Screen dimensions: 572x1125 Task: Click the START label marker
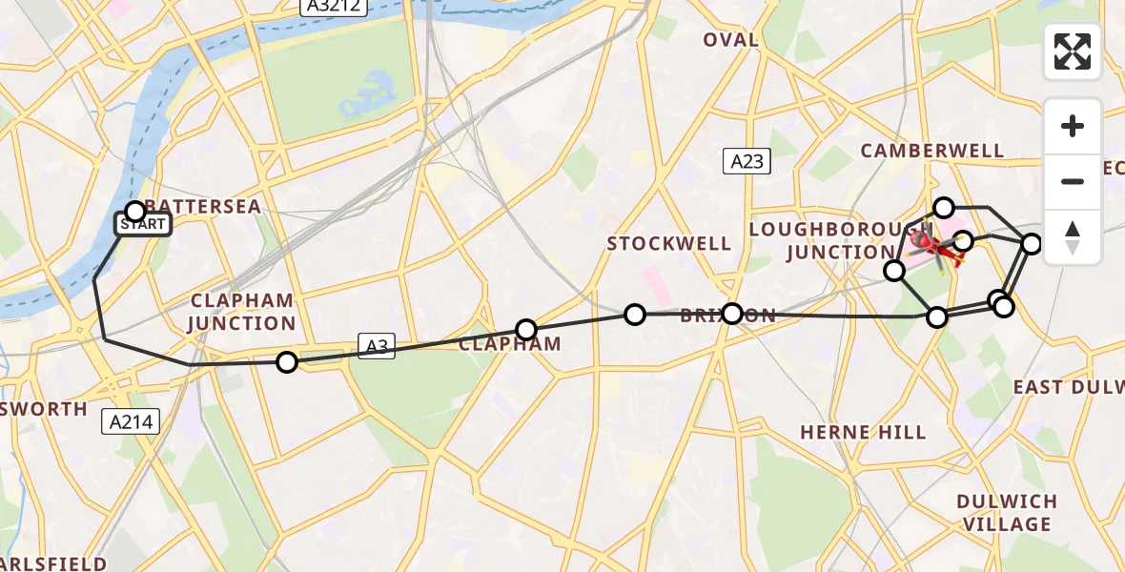[x=143, y=225]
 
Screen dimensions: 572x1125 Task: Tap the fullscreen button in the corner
[x=1073, y=51]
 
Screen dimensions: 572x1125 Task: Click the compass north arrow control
[x=1073, y=237]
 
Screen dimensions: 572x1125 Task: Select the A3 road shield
[x=377, y=346]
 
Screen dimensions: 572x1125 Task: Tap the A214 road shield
[x=132, y=420]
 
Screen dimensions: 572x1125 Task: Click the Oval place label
[x=731, y=40]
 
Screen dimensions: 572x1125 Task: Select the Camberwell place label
[x=931, y=151]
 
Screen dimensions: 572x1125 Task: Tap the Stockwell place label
[x=669, y=244]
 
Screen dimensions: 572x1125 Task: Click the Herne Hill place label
[x=863, y=433]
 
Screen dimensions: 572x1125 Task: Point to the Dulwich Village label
[x=1007, y=513]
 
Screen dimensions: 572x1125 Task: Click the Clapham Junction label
[x=240, y=311]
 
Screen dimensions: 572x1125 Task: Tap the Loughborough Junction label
[x=822, y=240]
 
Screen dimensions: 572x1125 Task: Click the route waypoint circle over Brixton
[x=731, y=314]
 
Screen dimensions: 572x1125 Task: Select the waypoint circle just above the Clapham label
[x=526, y=330]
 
